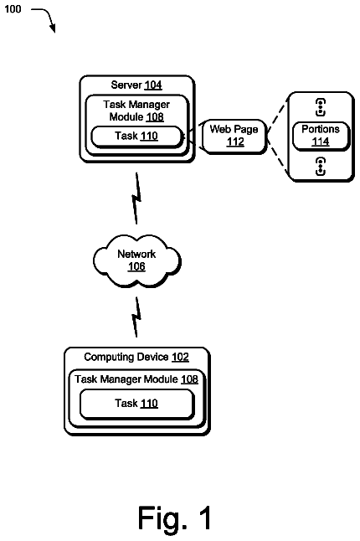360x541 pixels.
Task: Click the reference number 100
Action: tap(13, 9)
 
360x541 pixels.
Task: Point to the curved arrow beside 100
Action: tap(49, 16)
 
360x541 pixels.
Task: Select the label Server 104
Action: tap(136, 85)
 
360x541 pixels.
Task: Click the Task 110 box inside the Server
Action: tap(136, 137)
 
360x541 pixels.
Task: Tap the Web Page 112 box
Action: tap(234, 136)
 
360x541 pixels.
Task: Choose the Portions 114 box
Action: tap(321, 136)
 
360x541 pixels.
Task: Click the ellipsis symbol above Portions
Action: tap(321, 107)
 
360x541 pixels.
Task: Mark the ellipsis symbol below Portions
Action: tap(321, 167)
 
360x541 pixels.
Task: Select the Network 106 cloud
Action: tap(136, 260)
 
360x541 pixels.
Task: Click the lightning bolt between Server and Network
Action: tap(136, 198)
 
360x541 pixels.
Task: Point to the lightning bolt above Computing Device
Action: tap(136, 317)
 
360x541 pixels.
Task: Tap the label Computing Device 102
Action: tap(136, 357)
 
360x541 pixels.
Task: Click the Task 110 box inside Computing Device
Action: tap(137, 404)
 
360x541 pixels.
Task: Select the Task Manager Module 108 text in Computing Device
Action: tap(136, 379)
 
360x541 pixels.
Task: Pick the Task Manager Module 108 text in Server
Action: tap(136, 111)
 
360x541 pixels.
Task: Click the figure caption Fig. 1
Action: tap(175, 518)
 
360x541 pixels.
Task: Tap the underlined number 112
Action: tap(235, 142)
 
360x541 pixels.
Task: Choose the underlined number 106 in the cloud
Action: tap(136, 266)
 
